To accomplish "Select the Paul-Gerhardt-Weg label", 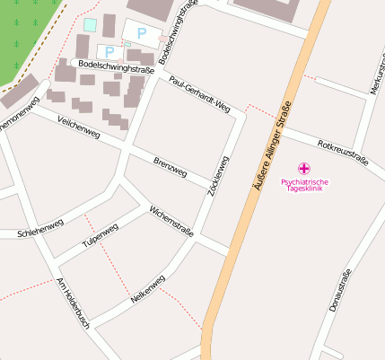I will pos(199,95).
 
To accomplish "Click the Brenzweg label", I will pos(170,166).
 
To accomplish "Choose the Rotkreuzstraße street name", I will pos(344,154).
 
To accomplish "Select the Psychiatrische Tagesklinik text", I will pos(304,186).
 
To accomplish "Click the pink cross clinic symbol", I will pos(304,168).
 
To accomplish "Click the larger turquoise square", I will pos(89,24).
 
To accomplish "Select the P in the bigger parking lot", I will pos(141,33).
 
